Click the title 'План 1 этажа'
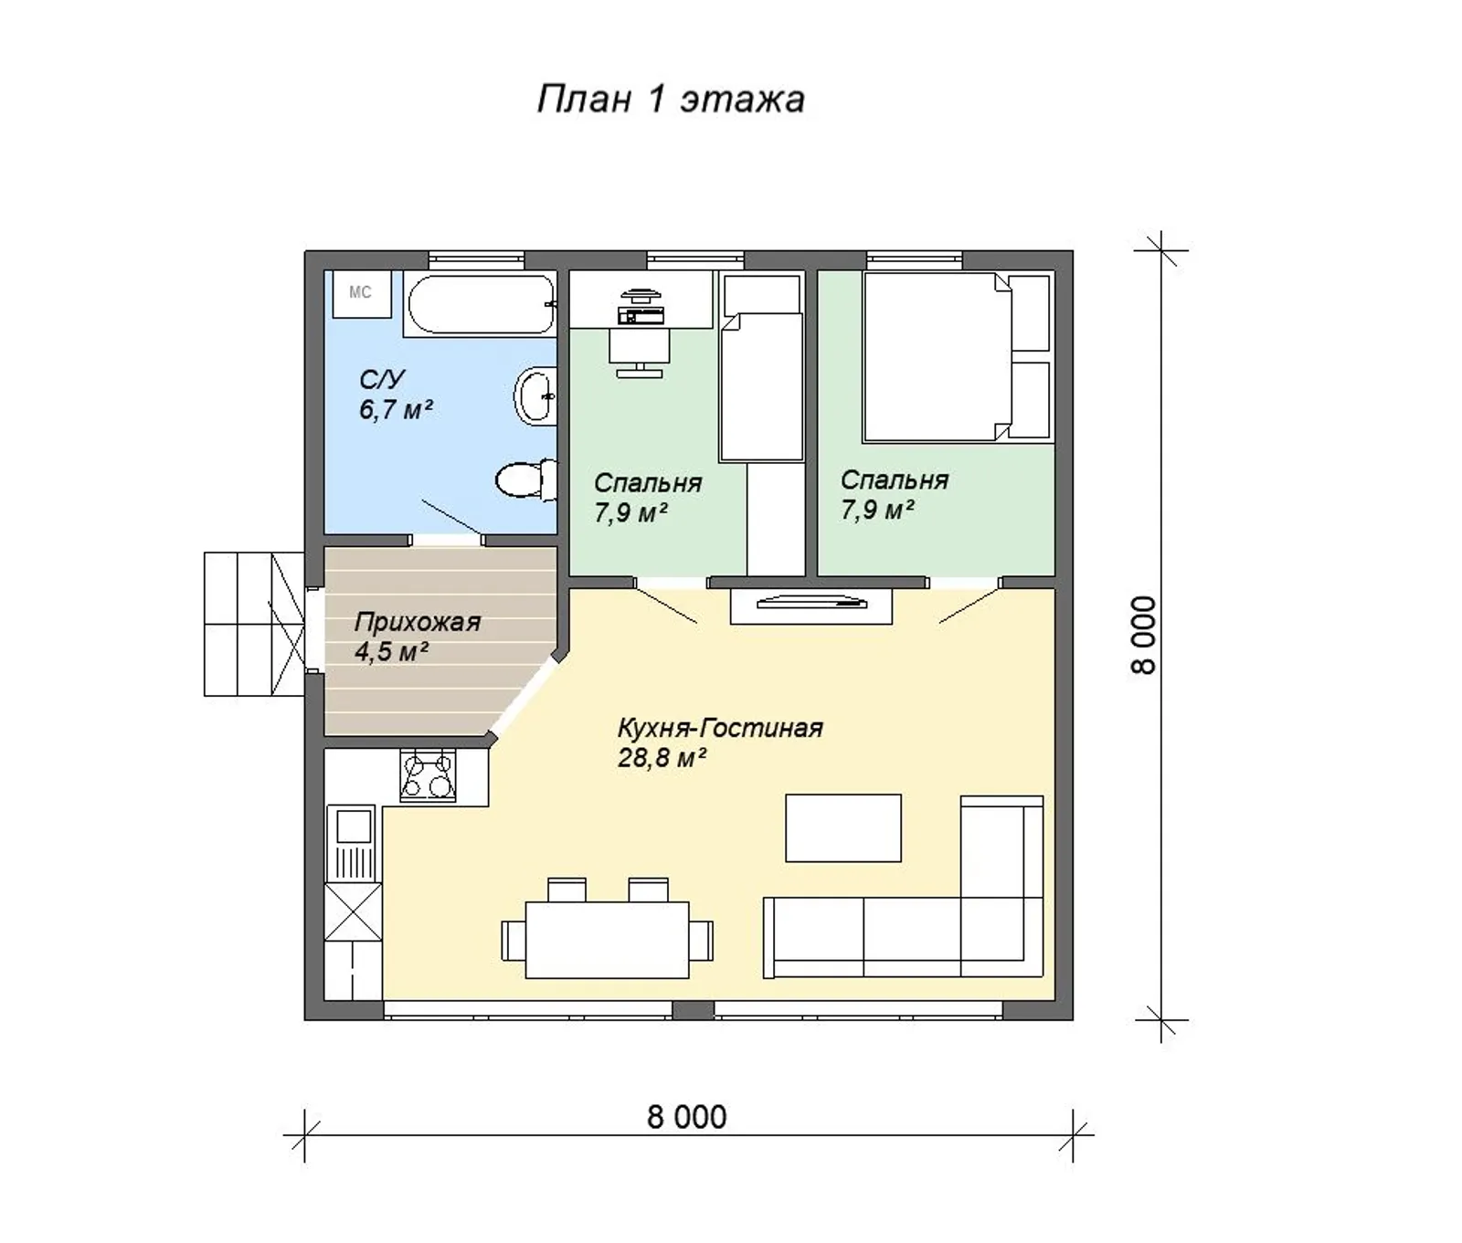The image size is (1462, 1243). tap(670, 99)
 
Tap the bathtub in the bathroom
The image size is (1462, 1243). tap(480, 304)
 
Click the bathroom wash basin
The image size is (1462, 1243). tap(535, 395)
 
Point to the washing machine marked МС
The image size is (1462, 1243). tap(361, 293)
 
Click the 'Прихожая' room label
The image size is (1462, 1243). tap(417, 623)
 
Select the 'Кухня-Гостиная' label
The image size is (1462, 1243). tap(720, 729)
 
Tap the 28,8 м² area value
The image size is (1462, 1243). tap(662, 758)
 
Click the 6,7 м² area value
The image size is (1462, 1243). tap(395, 409)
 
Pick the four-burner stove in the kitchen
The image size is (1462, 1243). tap(428, 775)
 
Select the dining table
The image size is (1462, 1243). tap(607, 940)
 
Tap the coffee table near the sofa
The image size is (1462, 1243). tap(843, 827)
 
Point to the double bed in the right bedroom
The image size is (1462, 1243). tap(938, 357)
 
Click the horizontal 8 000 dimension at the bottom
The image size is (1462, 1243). tap(687, 1117)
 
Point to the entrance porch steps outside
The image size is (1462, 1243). tap(254, 624)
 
